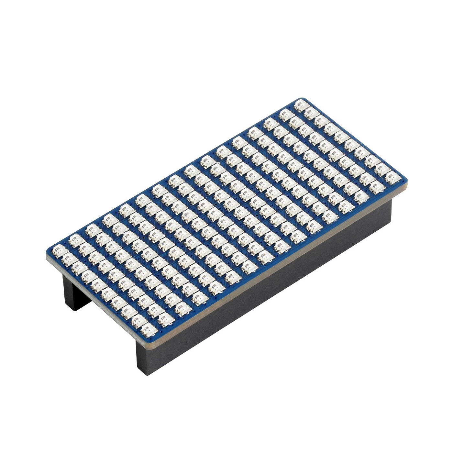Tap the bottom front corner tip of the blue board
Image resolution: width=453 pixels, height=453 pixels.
(147, 341)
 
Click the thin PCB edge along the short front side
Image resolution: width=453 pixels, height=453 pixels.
(97, 299)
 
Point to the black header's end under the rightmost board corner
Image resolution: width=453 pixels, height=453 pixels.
(393, 207)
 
